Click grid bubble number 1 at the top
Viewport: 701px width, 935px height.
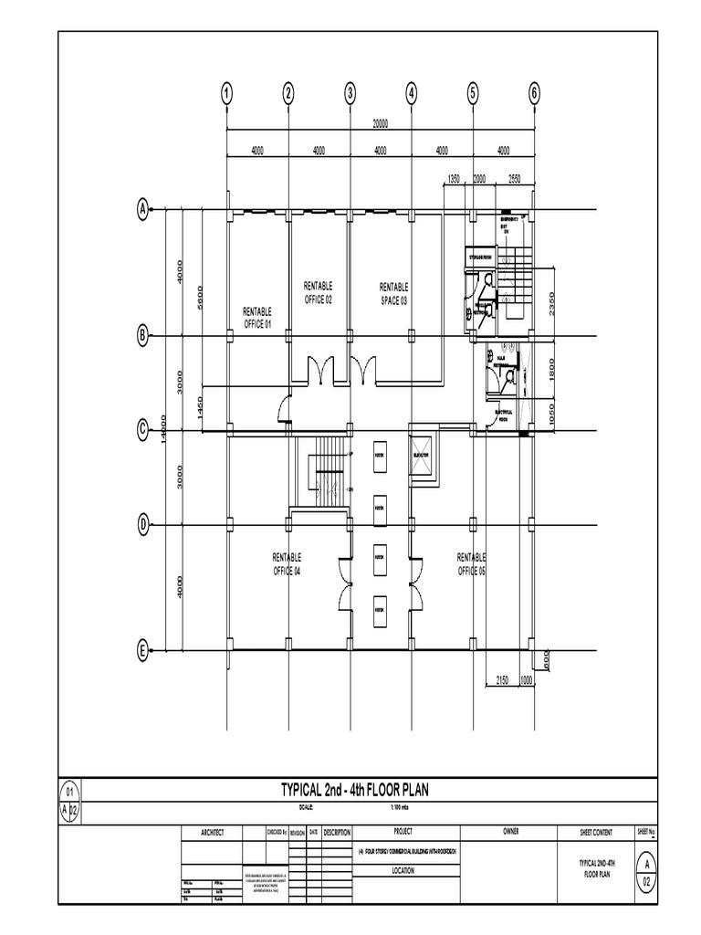(226, 92)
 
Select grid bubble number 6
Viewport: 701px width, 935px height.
(535, 92)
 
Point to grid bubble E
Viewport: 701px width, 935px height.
(142, 650)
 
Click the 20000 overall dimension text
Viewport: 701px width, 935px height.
(380, 124)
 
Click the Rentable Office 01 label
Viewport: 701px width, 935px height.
(257, 318)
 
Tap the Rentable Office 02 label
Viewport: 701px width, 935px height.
(318, 293)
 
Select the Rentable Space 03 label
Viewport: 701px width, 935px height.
(394, 293)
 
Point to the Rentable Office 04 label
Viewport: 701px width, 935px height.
(287, 563)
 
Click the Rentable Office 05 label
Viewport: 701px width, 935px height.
(471, 563)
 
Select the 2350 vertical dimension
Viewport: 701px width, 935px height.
(551, 303)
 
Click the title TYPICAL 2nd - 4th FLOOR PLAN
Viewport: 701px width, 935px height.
(353, 789)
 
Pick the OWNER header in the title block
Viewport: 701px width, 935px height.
(509, 832)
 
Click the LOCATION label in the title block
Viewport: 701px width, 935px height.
(403, 871)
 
